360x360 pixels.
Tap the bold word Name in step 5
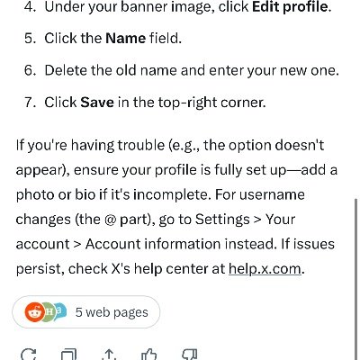(x=126, y=38)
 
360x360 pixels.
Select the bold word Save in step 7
(x=97, y=102)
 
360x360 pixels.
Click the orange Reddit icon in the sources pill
(x=35, y=312)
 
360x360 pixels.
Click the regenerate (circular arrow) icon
(x=28, y=355)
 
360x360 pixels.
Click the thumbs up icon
(x=148, y=355)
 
